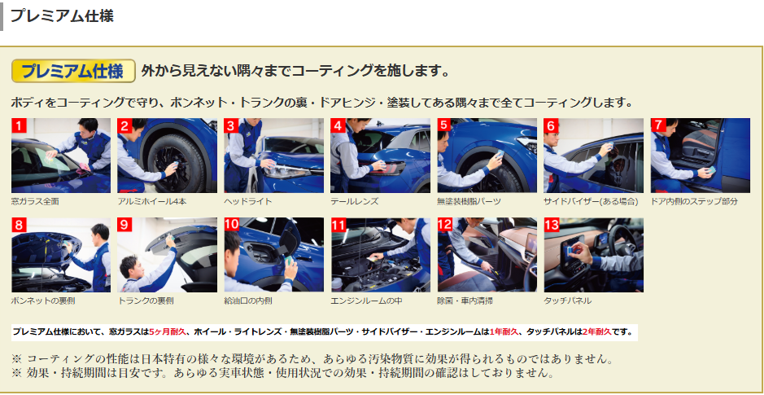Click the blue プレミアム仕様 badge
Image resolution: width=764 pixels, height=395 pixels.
(x=73, y=71)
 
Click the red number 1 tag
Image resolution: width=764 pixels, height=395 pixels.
(x=19, y=125)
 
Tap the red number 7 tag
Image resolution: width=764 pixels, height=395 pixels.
(x=657, y=125)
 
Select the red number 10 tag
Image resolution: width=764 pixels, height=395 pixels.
(x=232, y=225)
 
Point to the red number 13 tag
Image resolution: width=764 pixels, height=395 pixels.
(x=552, y=225)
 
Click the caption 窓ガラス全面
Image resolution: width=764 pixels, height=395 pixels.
(x=35, y=201)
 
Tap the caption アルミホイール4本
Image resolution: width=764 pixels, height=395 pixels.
(x=152, y=201)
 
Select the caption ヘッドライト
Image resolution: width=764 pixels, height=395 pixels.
(x=248, y=201)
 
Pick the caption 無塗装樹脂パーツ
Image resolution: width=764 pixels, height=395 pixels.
(x=469, y=201)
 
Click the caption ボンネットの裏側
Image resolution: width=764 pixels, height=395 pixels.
(x=43, y=301)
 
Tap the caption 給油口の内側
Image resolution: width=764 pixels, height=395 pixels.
(x=248, y=301)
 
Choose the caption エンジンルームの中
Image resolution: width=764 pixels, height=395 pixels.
(x=366, y=301)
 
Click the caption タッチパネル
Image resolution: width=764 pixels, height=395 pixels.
(x=568, y=301)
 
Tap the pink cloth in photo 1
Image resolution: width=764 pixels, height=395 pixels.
(x=85, y=167)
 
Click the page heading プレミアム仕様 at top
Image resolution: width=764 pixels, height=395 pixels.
(x=62, y=15)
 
